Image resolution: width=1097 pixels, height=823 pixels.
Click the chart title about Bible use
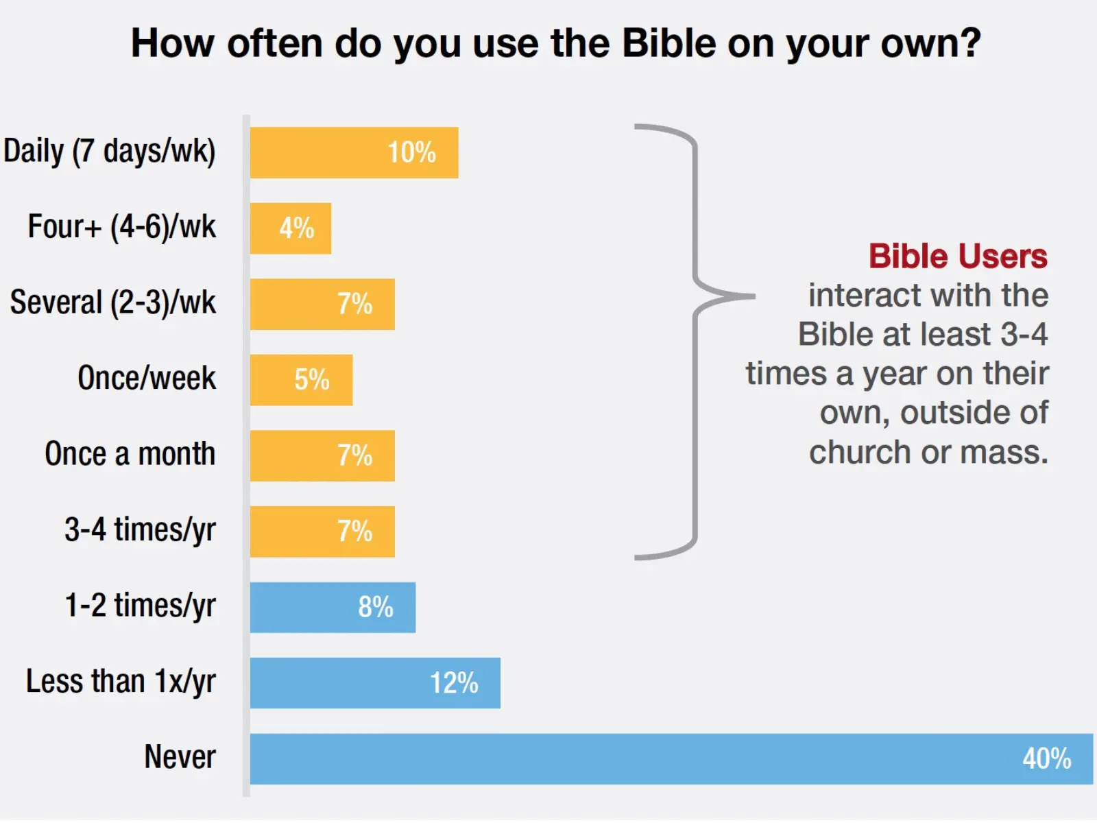(556, 43)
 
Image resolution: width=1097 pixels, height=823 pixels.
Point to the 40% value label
(1046, 759)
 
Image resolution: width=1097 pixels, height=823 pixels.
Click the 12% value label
(454, 683)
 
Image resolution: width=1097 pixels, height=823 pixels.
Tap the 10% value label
(411, 152)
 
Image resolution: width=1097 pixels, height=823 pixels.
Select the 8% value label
(375, 607)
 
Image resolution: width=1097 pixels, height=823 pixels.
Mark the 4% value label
(296, 228)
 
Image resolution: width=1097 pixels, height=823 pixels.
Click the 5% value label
(312, 380)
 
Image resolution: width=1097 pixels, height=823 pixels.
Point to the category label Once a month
(130, 454)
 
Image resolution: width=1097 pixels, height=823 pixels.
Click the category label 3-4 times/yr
(140, 530)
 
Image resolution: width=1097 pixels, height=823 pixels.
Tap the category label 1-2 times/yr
(140, 606)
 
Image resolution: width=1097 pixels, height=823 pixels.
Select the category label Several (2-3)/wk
(113, 302)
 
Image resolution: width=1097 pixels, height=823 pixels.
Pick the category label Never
(180, 757)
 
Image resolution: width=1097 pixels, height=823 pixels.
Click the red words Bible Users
(958, 257)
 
